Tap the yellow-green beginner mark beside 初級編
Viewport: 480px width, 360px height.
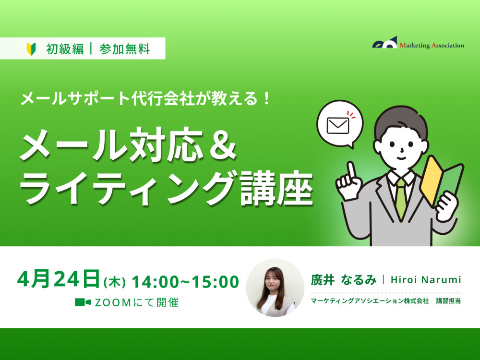coord(31,49)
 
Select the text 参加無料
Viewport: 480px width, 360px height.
coord(125,49)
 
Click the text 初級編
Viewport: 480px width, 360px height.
coord(65,49)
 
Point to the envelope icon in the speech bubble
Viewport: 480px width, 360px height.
coord(338,126)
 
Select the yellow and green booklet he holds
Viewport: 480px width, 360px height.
coord(441,180)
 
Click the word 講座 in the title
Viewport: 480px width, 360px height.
coord(276,188)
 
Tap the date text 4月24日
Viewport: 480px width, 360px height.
coord(59,279)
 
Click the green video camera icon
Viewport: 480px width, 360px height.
coord(83,302)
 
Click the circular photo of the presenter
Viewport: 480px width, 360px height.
coord(276,288)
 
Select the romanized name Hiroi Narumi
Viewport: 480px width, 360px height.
coord(426,280)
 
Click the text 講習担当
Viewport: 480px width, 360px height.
coord(448,301)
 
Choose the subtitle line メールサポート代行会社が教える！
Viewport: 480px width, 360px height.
coord(146,98)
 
